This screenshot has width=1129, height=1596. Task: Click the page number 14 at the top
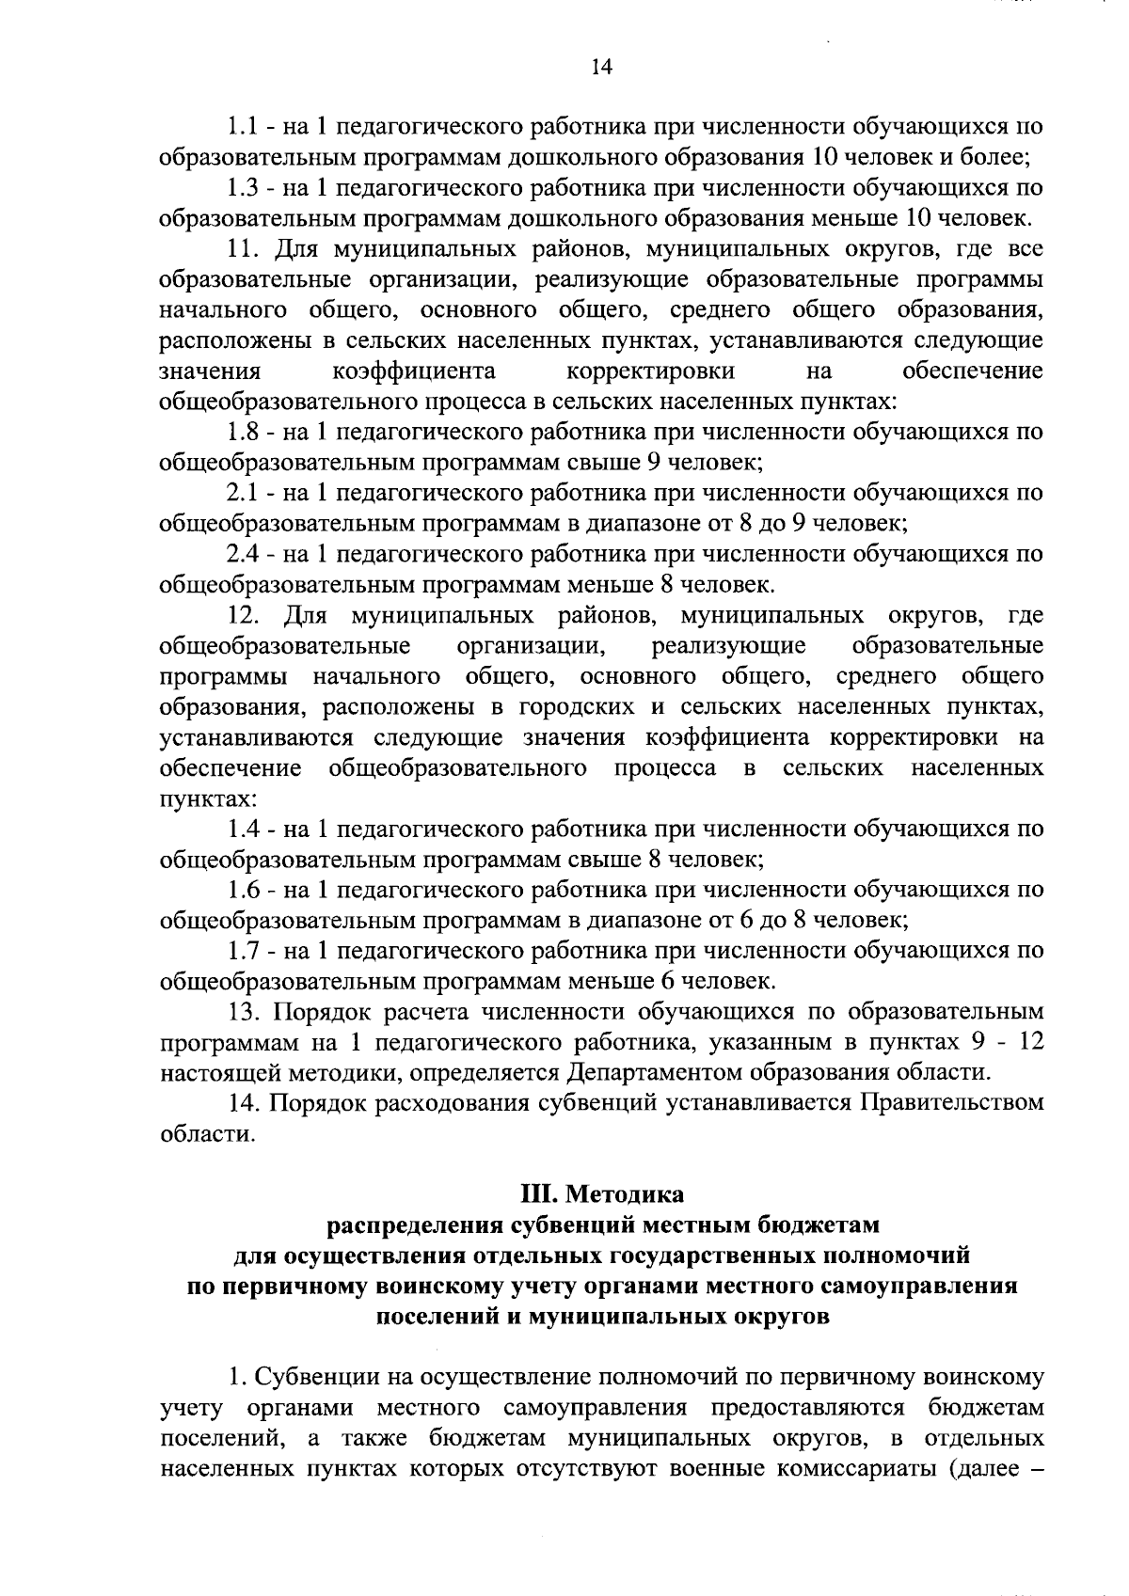click(x=601, y=65)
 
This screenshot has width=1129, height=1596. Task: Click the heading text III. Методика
click(x=602, y=1195)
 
